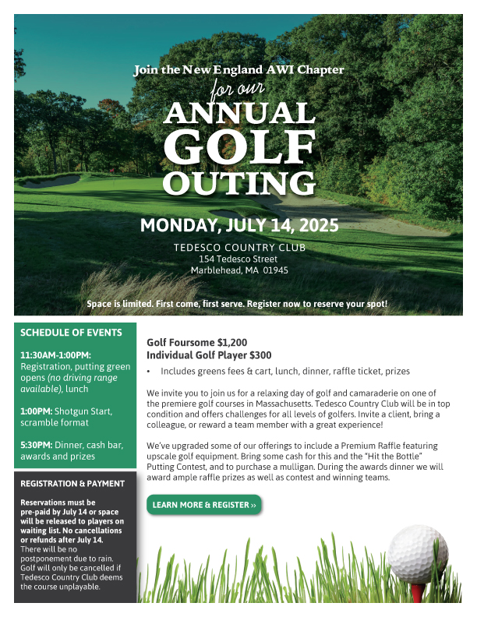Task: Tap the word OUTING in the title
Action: coord(238,183)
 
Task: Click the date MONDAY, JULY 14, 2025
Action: coord(238,226)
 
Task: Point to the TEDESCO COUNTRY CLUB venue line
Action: coord(238,248)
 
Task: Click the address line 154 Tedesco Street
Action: coord(238,259)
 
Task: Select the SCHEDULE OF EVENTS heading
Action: coord(71,333)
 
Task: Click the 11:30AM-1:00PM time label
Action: coord(55,355)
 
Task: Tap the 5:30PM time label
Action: coord(36,445)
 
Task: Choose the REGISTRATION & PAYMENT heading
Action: coord(72,484)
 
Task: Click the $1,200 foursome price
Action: coord(231,342)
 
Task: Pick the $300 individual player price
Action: coord(259,354)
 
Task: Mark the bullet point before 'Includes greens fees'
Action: coord(149,372)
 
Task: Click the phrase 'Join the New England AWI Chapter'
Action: coord(238,69)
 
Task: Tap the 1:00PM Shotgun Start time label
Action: coord(36,411)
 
